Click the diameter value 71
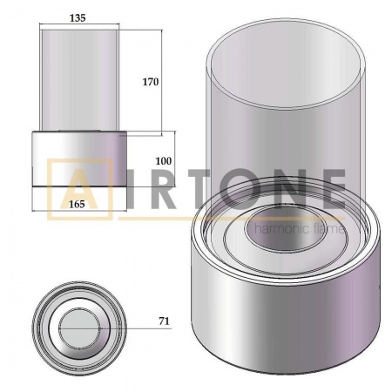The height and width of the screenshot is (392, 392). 164,321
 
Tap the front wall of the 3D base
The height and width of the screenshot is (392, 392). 279,318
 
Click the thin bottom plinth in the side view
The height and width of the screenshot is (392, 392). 80,186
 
